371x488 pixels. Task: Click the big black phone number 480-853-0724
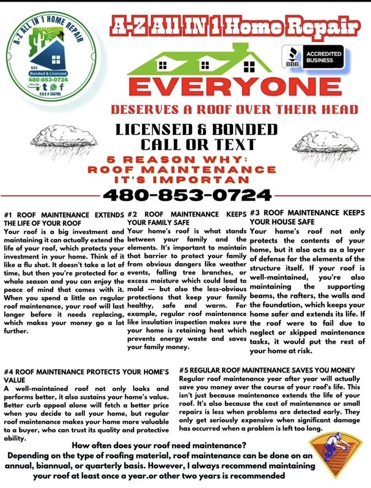tap(187, 195)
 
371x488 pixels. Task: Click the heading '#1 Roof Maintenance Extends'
tap(63, 215)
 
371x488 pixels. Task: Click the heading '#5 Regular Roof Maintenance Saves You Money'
tap(267, 370)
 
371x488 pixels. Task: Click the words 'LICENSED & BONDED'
tap(196, 130)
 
